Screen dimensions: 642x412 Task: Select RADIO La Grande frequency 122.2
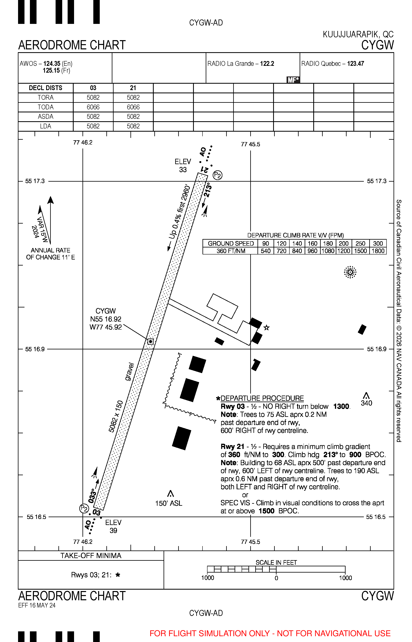pyautogui.click(x=267, y=64)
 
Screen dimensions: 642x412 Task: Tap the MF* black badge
pyautogui.click(x=293, y=80)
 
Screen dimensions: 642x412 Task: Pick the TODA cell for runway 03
pyautogui.click(x=93, y=107)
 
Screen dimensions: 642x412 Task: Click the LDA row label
pyautogui.click(x=46, y=126)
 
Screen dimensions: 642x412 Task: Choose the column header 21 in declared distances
pyautogui.click(x=133, y=88)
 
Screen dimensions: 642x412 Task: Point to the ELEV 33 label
pyautogui.click(x=183, y=166)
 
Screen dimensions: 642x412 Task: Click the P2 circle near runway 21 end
pyautogui.click(x=218, y=175)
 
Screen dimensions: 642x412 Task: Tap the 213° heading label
pyautogui.click(x=208, y=190)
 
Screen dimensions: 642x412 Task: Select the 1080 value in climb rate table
pyautogui.click(x=328, y=251)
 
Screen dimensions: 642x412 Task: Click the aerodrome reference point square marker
pyautogui.click(x=151, y=341)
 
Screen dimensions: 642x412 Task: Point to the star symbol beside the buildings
pyautogui.click(x=267, y=327)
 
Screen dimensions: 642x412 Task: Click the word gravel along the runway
pyautogui.click(x=129, y=371)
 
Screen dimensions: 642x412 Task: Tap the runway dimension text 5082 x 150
pyautogui.click(x=116, y=416)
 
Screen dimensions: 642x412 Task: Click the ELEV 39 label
pyautogui.click(x=113, y=526)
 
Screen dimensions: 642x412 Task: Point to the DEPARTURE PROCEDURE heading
pyautogui.click(x=262, y=398)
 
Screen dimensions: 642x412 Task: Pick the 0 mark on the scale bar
pyautogui.click(x=276, y=578)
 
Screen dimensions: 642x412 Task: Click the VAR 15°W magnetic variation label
pyautogui.click(x=42, y=226)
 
